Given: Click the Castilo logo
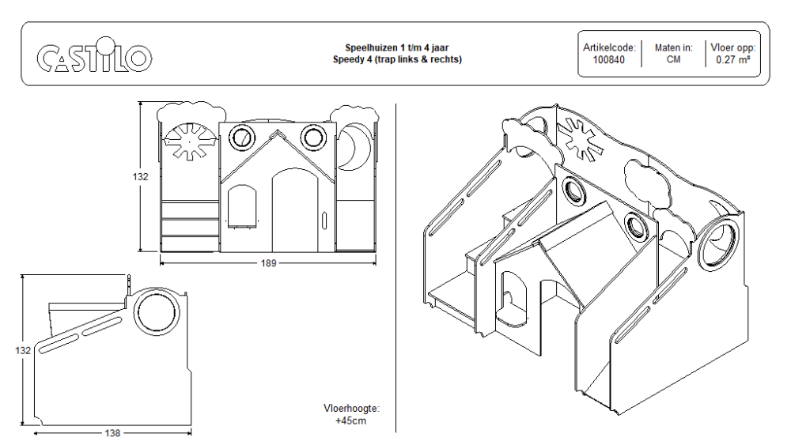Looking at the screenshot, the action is [x=94, y=55].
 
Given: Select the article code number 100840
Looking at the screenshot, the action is [x=608, y=60].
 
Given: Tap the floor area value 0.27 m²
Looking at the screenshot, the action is [x=732, y=60].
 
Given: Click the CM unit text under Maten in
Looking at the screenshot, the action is [x=673, y=59].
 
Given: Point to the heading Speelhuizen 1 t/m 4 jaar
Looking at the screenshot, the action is [x=396, y=48].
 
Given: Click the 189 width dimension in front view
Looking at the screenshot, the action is [x=268, y=263].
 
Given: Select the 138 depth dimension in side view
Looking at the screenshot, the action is [x=112, y=433].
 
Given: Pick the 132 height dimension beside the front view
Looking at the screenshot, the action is [x=140, y=176].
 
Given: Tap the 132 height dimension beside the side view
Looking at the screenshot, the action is [x=23, y=350].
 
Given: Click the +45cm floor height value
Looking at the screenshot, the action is [x=351, y=420].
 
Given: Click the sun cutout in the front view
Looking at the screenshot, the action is [x=190, y=141].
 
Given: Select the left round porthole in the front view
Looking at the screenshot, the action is [x=241, y=137].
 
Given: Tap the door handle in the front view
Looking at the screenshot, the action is [x=324, y=221].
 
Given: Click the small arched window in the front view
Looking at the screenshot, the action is [x=242, y=206].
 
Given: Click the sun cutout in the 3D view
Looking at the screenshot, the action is [x=580, y=140].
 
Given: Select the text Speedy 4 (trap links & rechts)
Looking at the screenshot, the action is [x=397, y=59].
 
